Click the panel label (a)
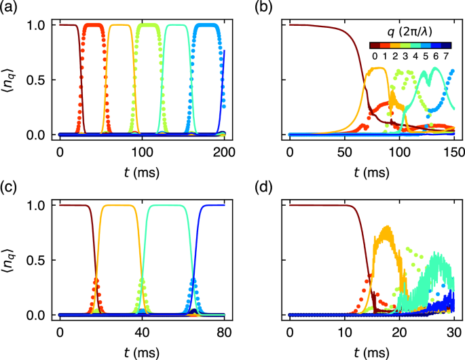pos(10,7)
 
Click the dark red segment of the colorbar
pos(375,46)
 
